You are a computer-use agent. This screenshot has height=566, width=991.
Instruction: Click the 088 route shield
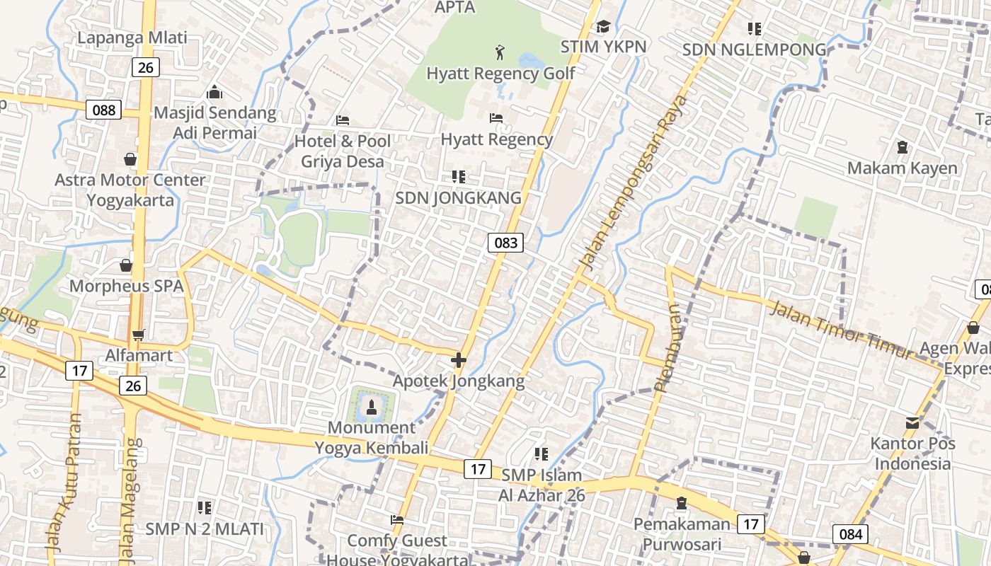103,110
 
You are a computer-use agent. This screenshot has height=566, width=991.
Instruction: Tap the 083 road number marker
505,243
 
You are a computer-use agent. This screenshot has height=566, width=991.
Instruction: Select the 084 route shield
849,534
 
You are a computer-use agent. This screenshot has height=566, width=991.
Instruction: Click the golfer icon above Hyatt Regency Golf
500,52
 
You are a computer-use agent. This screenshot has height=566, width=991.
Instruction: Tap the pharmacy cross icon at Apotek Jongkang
459,360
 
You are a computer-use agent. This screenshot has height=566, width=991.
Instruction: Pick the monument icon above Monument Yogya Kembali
371,407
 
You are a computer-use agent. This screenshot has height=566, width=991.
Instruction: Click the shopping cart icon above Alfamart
138,335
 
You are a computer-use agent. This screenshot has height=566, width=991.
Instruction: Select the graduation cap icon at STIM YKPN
603,27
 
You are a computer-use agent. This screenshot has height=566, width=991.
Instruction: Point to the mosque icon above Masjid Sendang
214,92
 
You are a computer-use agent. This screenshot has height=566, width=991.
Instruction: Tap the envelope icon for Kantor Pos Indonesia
912,423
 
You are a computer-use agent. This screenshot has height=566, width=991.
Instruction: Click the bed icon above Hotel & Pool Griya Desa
343,120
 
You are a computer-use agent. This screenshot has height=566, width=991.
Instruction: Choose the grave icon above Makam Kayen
903,147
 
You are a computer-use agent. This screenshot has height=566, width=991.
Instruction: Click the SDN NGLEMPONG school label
755,50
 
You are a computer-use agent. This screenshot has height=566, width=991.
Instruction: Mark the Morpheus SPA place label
126,287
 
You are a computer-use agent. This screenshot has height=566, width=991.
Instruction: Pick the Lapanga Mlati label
132,37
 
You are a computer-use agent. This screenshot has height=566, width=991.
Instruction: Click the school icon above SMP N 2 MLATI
205,507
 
